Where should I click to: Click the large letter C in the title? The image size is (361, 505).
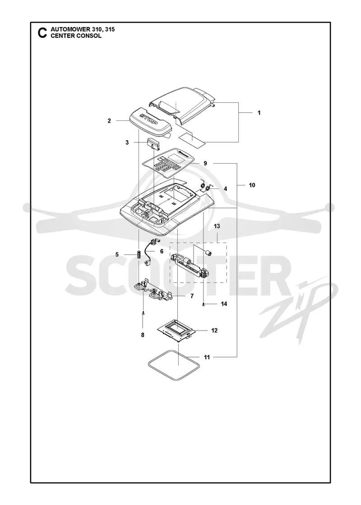[42, 33]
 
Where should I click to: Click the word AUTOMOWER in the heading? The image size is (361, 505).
[66, 30]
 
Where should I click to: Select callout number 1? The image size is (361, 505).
[259, 113]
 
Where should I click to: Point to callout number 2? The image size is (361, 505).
[109, 121]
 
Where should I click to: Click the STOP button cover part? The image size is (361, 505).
[150, 123]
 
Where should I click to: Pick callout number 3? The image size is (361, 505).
[127, 142]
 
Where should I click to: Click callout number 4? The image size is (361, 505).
[225, 189]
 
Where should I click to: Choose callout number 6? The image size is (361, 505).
[162, 251]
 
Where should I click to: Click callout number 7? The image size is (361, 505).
[192, 296]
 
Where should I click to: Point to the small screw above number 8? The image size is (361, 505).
[143, 313]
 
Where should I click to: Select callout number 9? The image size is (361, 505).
[205, 163]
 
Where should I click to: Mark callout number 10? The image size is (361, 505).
[252, 185]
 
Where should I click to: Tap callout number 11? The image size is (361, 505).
[207, 357]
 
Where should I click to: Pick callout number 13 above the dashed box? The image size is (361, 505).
[217, 226]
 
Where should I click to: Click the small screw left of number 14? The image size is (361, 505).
[204, 304]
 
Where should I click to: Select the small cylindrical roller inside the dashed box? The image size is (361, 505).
[208, 253]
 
